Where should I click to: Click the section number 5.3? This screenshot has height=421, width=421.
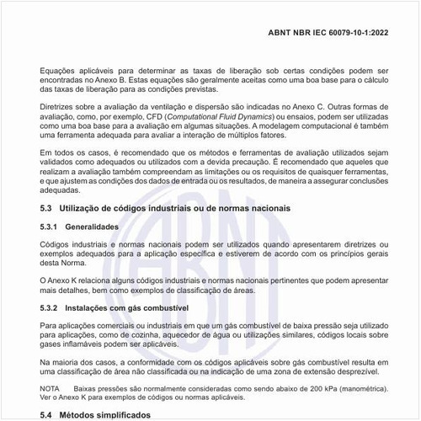[x=47, y=208]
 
